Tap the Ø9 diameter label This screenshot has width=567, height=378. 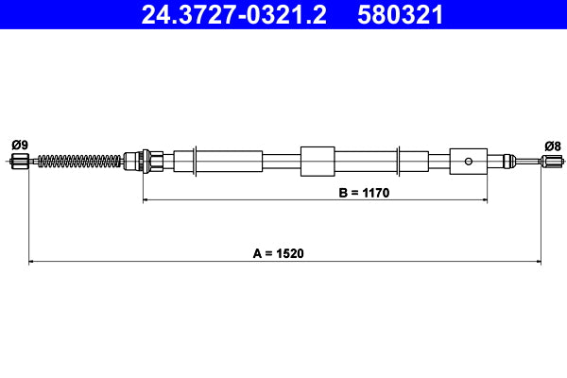click(19, 145)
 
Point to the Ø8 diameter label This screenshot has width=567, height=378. click(553, 145)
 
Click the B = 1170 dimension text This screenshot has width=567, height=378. click(364, 192)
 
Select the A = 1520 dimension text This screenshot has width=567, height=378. click(283, 253)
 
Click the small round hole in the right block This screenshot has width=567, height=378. click(468, 161)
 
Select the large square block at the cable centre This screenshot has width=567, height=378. click(318, 161)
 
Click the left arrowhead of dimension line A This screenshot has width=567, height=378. click(32, 261)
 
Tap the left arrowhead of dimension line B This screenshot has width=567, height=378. click(146, 200)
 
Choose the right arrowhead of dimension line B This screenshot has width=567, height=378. click(484, 200)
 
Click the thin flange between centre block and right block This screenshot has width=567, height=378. click(401, 161)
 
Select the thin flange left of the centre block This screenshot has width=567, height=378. click(196, 161)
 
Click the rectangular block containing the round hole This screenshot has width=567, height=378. click(469, 161)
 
